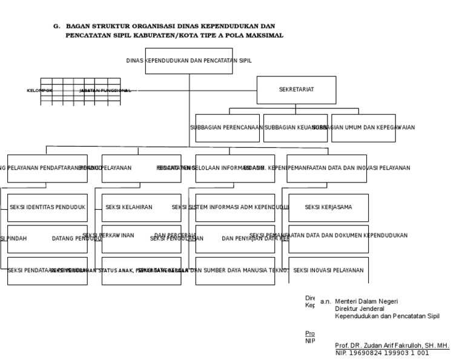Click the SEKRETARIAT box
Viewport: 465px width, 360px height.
(x=296, y=90)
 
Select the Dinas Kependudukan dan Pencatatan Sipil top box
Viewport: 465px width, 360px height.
(x=189, y=61)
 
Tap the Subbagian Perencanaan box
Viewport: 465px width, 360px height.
(x=228, y=128)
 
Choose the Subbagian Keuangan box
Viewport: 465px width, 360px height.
(x=295, y=128)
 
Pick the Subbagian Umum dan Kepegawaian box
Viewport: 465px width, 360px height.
(x=363, y=128)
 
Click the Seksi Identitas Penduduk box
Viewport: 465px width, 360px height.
(x=47, y=207)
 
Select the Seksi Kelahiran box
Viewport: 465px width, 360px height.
(x=141, y=207)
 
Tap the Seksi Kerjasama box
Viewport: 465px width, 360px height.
(x=328, y=207)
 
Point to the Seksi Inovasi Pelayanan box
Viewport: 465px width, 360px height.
(x=328, y=270)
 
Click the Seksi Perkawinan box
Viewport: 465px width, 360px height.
(x=141, y=238)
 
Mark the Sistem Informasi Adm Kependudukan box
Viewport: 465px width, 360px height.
(x=235, y=207)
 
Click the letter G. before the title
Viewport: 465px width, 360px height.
(x=57, y=27)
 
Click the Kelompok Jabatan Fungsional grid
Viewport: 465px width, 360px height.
(x=81, y=91)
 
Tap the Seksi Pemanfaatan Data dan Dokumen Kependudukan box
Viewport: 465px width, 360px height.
(x=328, y=238)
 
